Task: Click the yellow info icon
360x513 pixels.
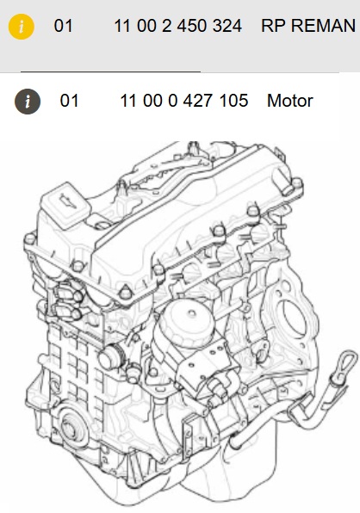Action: click(22, 26)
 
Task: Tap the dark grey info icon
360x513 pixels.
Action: click(28, 101)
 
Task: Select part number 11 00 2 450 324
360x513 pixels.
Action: click(183, 26)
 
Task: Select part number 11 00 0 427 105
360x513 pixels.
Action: click(183, 101)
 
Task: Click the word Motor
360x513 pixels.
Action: click(289, 101)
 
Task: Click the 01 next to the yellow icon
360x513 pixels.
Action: click(64, 26)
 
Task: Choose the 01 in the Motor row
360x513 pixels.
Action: click(69, 101)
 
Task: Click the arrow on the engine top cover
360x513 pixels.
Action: click(65, 201)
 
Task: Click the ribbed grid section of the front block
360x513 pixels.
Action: click(65, 362)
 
